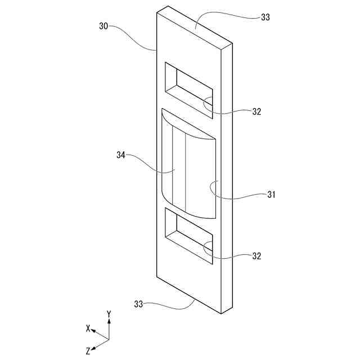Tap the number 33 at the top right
tap(265, 17)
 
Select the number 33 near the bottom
tap(138, 304)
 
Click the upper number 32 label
tap(256, 111)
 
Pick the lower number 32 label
tap(256, 256)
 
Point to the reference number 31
tap(271, 195)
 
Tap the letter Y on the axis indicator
tap(109, 313)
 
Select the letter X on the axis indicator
tap(88, 327)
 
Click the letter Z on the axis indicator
tap(88, 350)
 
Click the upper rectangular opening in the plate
tap(189, 90)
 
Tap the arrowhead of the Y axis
tap(109, 321)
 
